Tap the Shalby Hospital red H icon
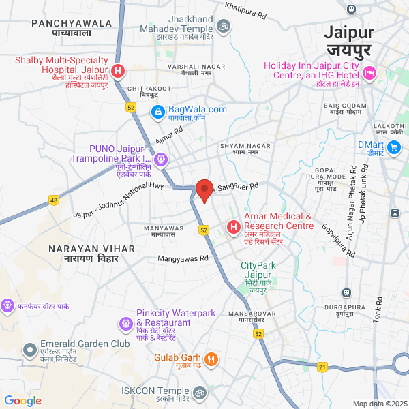pos(118,70)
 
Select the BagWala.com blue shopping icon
pos(157,111)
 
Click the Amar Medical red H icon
pos(233,226)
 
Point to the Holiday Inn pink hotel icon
pos(370,72)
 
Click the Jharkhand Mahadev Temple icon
pos(222,27)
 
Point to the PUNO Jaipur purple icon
pos(160,160)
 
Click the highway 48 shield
pos(54,200)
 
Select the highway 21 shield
pos(322,367)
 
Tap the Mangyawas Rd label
pos(183,259)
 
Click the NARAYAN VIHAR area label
pos(82,254)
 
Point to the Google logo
pos(22,401)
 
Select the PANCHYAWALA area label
pos(71,27)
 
